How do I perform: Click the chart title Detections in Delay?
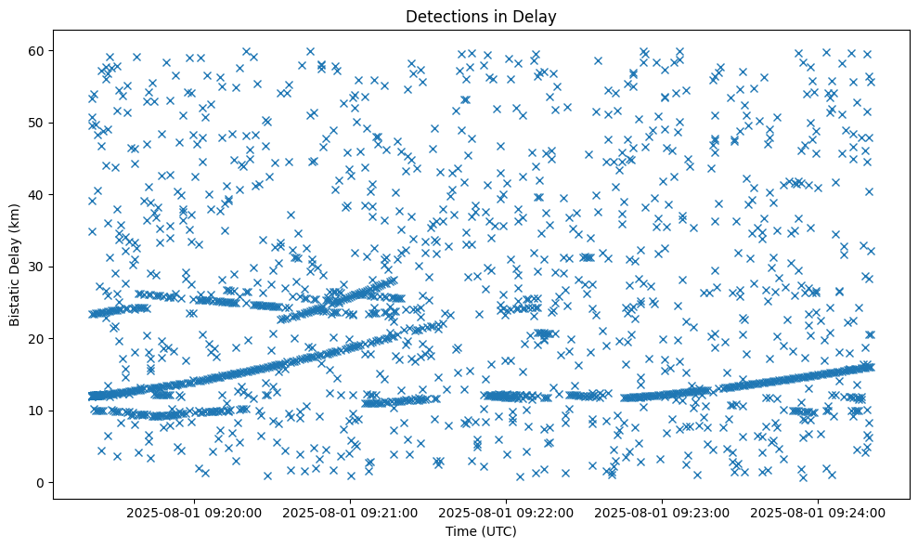[x=481, y=16]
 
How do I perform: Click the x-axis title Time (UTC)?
[x=481, y=532]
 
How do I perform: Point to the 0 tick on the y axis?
[x=41, y=482]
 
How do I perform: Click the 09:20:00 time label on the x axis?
[x=195, y=511]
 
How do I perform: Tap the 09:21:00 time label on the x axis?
[x=351, y=511]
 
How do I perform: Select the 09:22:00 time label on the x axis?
[x=507, y=511]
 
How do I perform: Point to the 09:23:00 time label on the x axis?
[x=663, y=511]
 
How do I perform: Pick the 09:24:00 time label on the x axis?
[x=819, y=511]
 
